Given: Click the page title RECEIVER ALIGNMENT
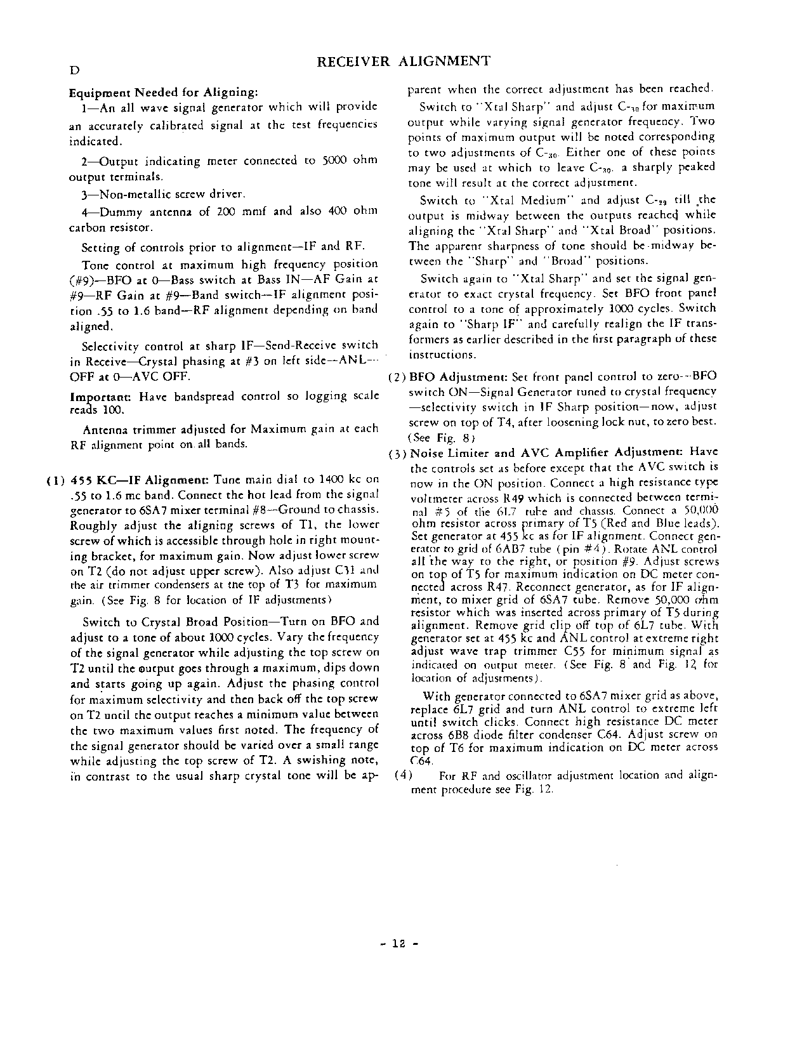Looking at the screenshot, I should pos(403,62).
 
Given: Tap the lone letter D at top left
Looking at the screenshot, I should pos(74,70).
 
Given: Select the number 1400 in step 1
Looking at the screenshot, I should pos(331,480).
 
